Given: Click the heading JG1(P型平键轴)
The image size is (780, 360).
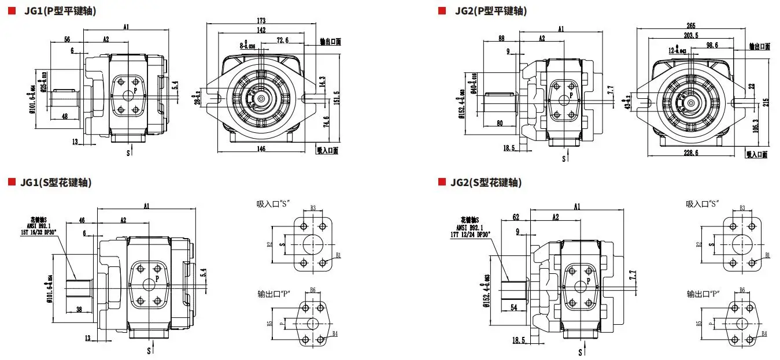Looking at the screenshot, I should [x=57, y=11].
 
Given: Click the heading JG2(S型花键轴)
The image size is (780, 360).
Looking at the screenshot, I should [x=487, y=183].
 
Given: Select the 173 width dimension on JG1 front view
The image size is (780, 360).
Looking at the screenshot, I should [x=261, y=21].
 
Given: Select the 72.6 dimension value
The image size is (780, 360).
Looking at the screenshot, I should [x=282, y=40].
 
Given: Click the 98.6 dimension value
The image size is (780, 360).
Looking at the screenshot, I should [x=712, y=44].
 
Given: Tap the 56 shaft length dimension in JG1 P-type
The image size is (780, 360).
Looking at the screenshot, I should [x=66, y=39].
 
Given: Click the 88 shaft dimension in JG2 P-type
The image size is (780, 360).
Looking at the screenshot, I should [x=501, y=39].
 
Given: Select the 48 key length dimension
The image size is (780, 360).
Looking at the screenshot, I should [x=65, y=116].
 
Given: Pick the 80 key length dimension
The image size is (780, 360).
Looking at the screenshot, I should [x=498, y=123].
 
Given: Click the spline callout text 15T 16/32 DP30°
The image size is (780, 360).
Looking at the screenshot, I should [x=46, y=231].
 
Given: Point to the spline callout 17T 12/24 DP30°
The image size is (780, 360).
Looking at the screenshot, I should [x=470, y=234].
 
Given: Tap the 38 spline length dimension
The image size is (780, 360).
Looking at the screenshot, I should [x=79, y=309].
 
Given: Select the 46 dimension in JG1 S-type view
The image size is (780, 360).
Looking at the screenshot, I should [x=82, y=220].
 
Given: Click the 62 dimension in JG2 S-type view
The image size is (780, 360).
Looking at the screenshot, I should [x=515, y=218].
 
